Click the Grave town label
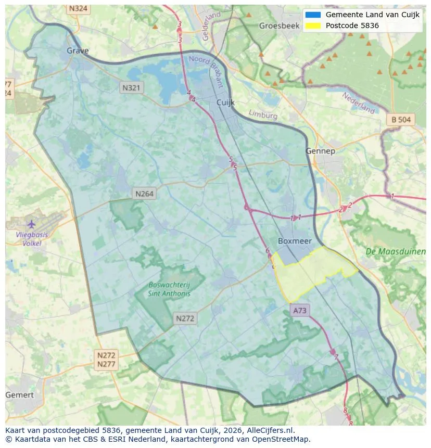78,50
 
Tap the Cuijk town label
226,103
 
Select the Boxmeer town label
295,241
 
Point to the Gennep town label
320,151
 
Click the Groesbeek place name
279,25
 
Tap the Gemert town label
19,395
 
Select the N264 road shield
144,194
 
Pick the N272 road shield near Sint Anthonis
185,318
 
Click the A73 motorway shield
300,311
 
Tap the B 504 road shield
401,120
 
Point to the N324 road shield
78,9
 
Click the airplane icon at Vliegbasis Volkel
31,224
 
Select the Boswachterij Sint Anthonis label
169,289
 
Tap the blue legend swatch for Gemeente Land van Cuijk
313,15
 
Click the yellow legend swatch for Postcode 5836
313,25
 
